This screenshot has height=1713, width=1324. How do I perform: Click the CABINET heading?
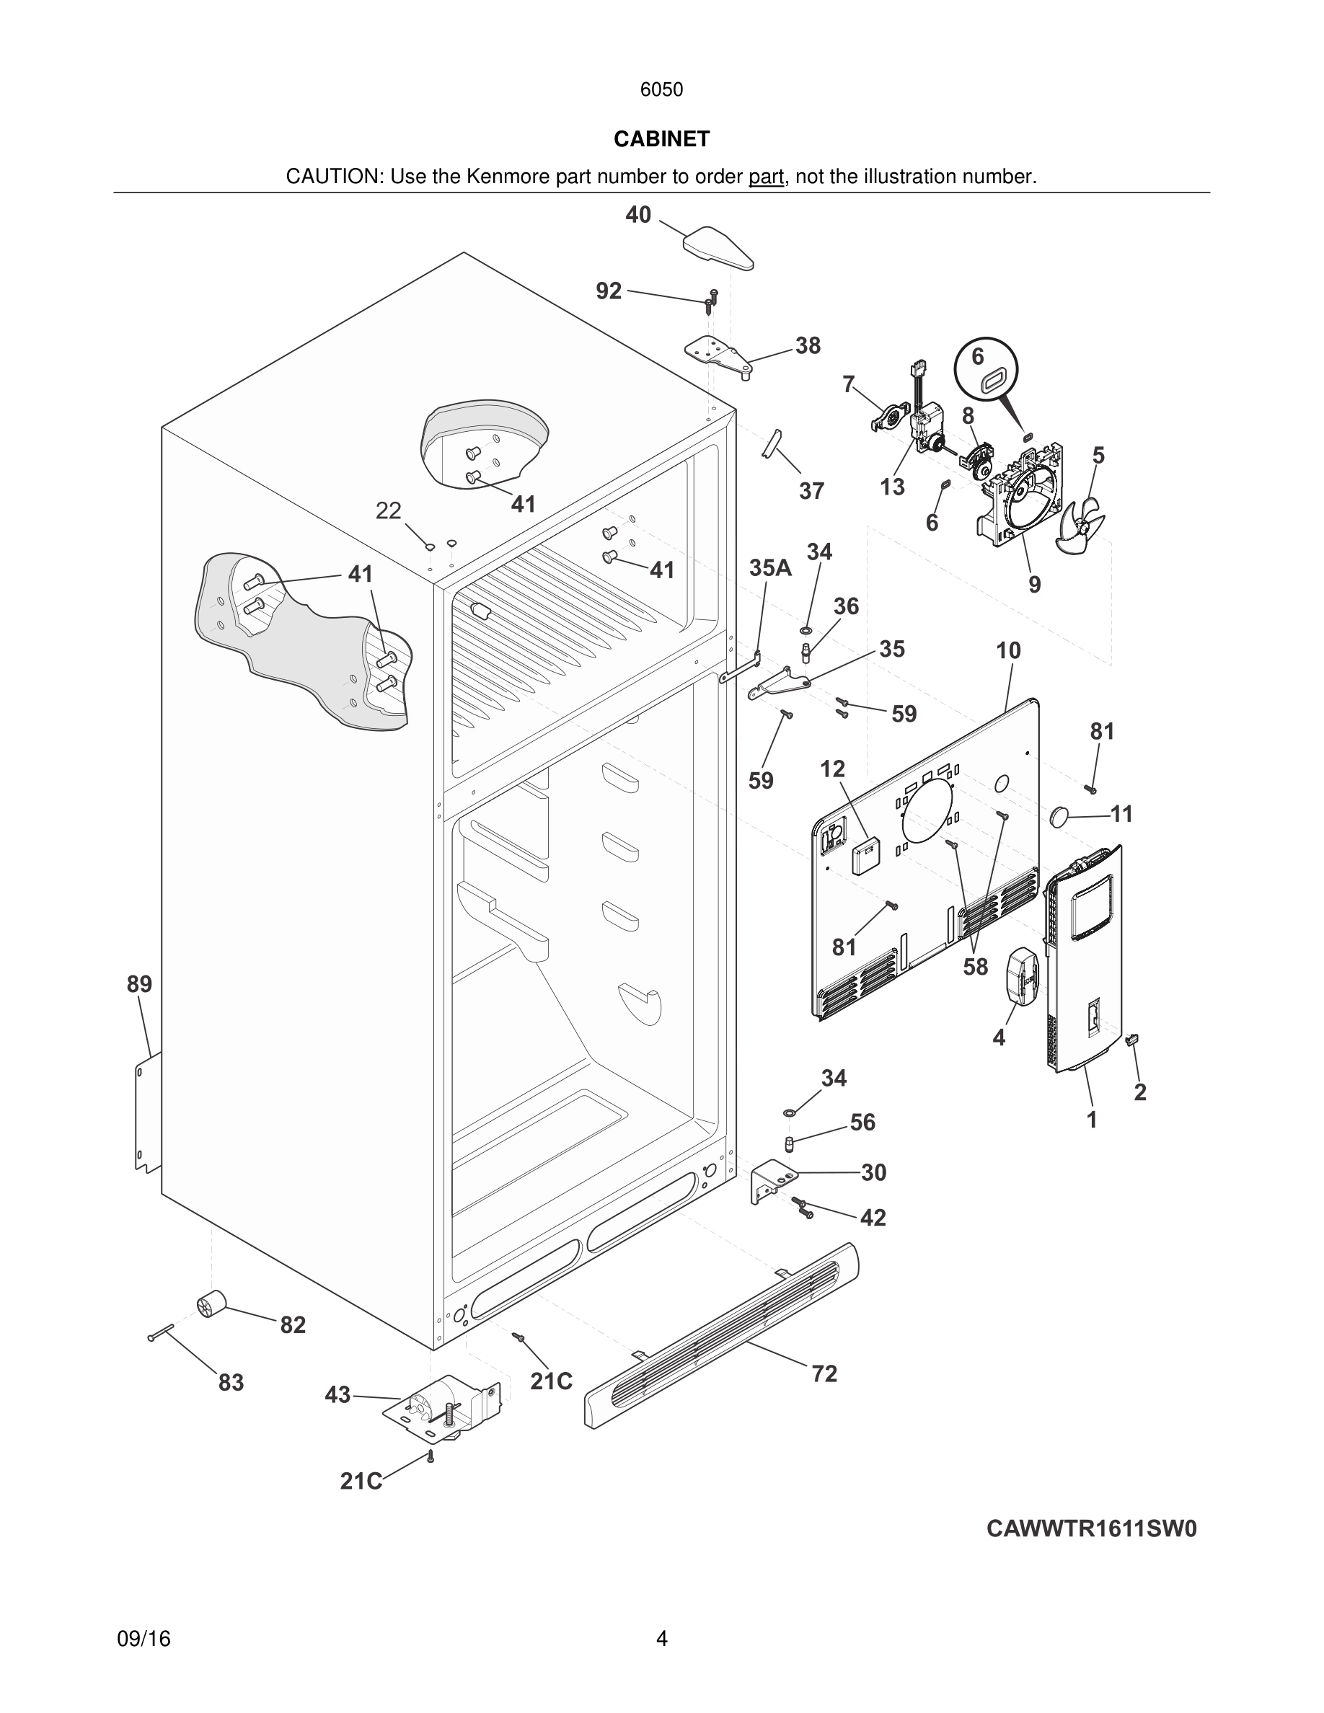(x=661, y=139)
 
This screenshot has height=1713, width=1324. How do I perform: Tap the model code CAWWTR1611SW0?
(x=1091, y=1528)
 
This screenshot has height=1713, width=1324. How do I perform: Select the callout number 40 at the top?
(x=637, y=215)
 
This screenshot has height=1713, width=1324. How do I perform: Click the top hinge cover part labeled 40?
(x=718, y=248)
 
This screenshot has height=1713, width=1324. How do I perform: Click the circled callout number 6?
(x=977, y=356)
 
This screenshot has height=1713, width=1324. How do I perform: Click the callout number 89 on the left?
(x=140, y=983)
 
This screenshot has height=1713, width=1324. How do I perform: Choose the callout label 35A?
(x=769, y=568)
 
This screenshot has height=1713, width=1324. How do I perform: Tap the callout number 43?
(x=337, y=1394)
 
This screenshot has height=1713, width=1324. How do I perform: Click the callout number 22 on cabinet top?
(x=388, y=510)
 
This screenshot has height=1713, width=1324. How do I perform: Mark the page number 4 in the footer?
(x=661, y=1638)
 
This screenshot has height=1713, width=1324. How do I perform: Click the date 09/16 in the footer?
(x=144, y=1639)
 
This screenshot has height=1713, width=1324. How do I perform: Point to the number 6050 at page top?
(x=661, y=89)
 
